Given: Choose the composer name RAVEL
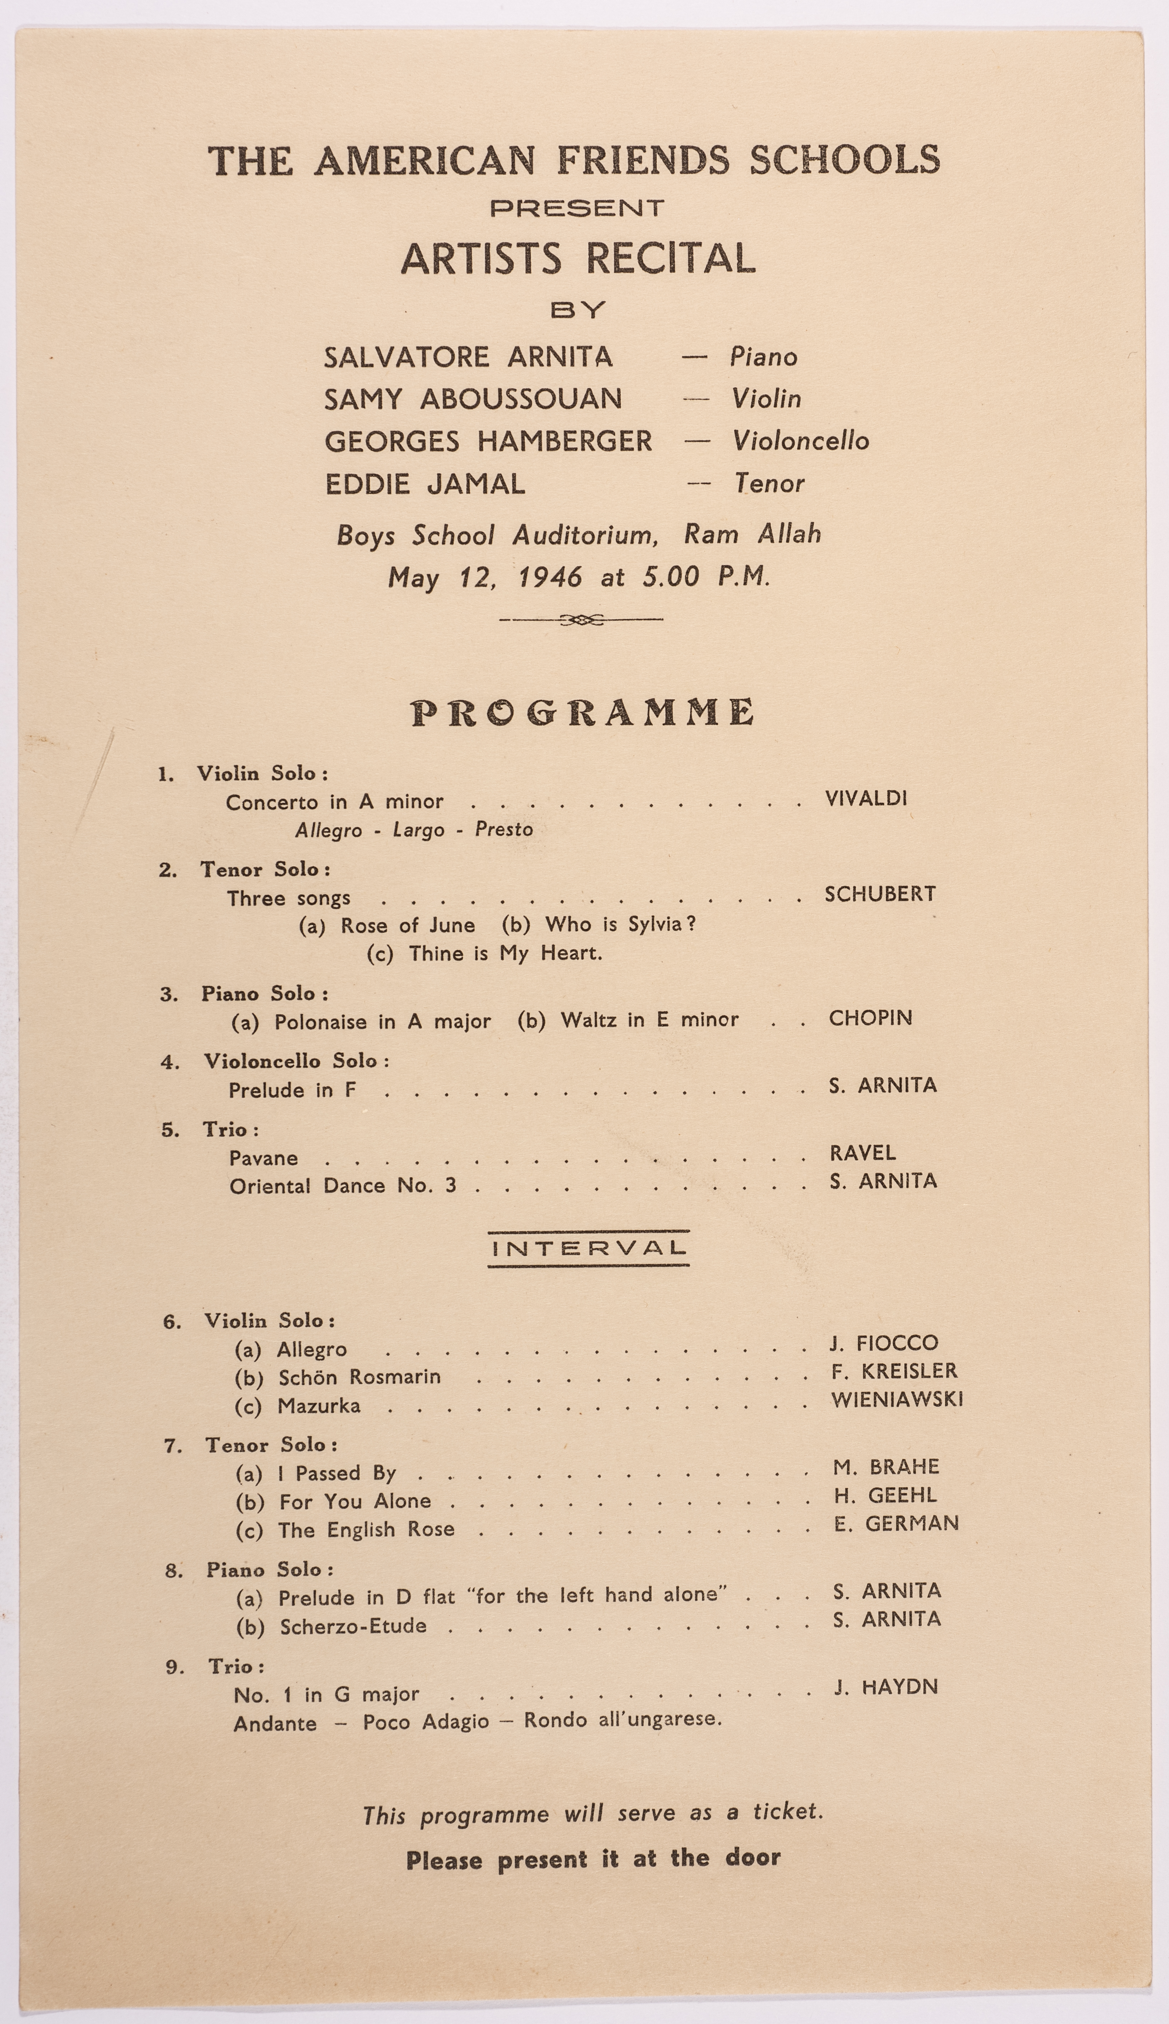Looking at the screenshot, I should [x=862, y=1153].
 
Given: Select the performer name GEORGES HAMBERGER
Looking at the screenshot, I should [x=488, y=441].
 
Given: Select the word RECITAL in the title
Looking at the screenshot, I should [x=670, y=258].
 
